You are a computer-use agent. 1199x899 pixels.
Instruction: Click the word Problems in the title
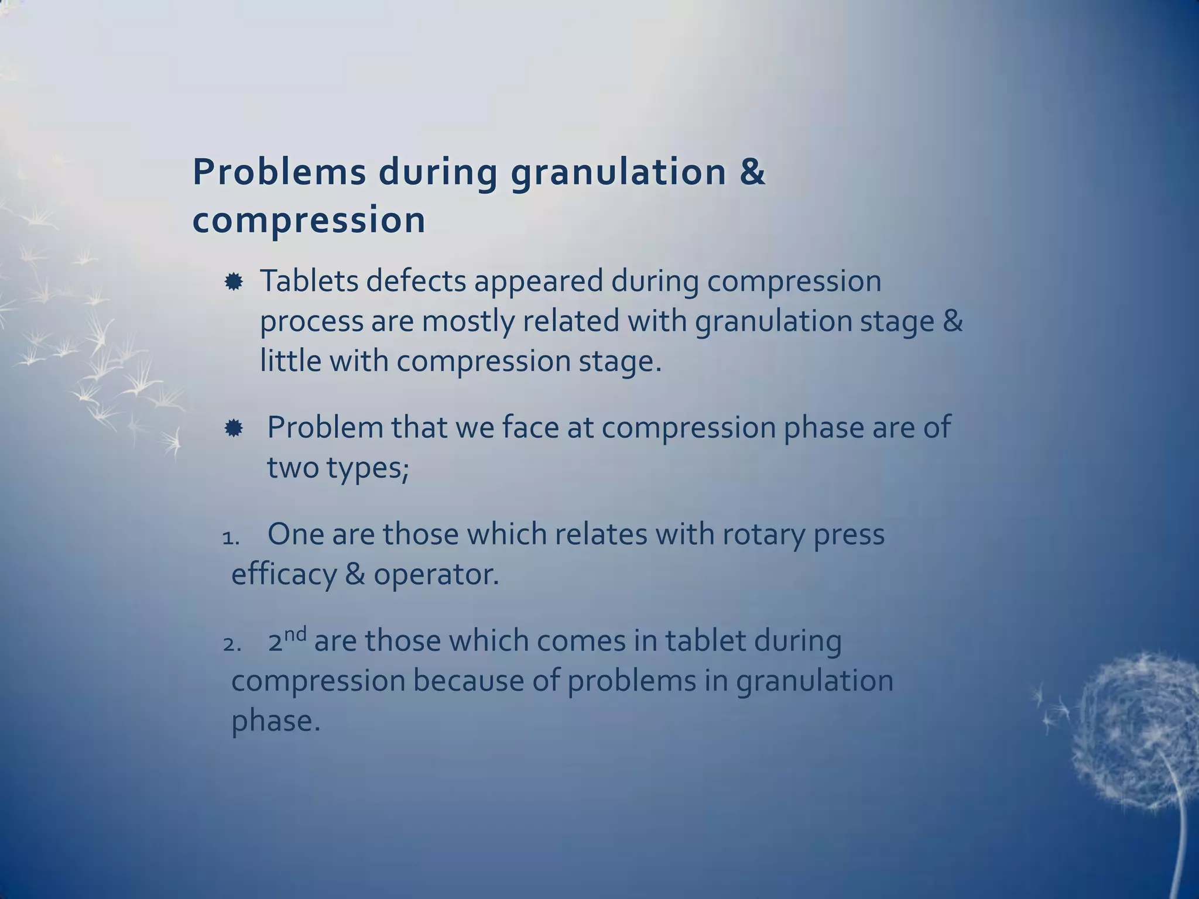pos(279,173)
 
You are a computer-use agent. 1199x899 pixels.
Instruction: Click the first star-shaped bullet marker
pos(234,283)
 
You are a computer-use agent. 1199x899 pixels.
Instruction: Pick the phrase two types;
pos(338,467)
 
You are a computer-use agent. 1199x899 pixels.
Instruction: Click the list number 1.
pos(231,538)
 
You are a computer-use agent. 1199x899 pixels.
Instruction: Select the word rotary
pos(763,535)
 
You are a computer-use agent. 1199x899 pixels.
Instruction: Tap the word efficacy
pos(284,575)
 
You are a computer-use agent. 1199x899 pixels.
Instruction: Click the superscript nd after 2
pos(296,634)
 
